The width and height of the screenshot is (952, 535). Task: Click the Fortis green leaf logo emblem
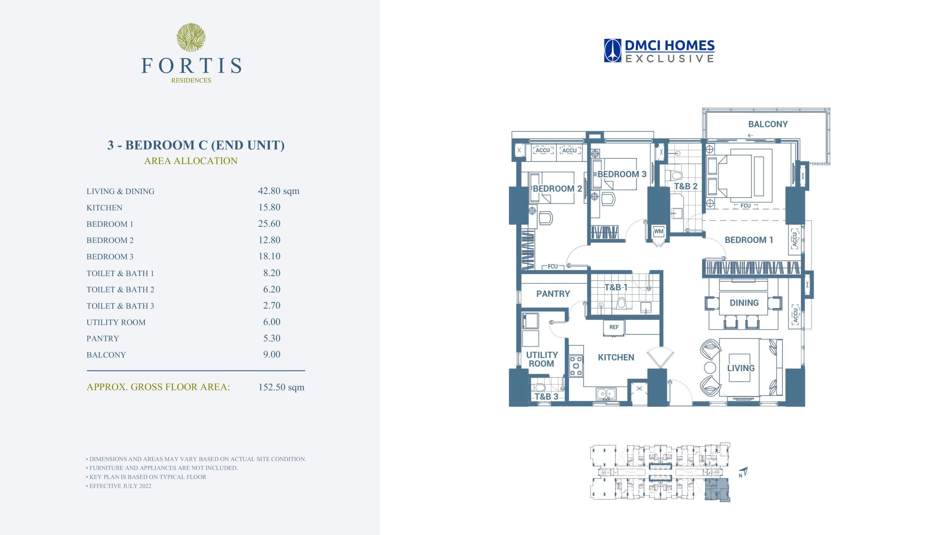tap(191, 37)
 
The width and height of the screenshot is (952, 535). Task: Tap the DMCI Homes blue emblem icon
tap(613, 51)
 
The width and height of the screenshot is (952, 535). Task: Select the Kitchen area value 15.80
tap(269, 207)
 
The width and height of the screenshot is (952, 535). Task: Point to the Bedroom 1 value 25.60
tap(269, 223)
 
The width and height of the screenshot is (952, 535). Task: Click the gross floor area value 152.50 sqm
tap(281, 387)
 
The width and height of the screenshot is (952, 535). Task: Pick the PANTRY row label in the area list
tap(103, 338)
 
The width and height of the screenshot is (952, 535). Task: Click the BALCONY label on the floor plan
tap(768, 124)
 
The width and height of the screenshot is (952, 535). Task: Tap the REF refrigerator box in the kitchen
tap(614, 327)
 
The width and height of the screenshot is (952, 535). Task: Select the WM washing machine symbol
tap(659, 232)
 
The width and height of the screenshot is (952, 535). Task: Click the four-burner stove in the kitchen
tap(576, 366)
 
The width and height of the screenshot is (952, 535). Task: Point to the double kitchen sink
tap(606, 394)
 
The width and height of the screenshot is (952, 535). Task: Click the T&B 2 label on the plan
tap(686, 187)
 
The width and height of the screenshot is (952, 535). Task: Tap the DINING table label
tap(744, 303)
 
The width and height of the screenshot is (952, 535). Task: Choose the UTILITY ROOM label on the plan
tap(542, 359)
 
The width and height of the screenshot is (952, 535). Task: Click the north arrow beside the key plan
tap(743, 472)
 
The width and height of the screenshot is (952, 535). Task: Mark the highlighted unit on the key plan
tap(717, 490)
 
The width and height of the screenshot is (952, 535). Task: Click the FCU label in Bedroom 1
tap(745, 206)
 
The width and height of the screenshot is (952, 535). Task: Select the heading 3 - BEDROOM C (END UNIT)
tap(196, 145)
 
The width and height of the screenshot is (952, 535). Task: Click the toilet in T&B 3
tap(539, 388)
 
